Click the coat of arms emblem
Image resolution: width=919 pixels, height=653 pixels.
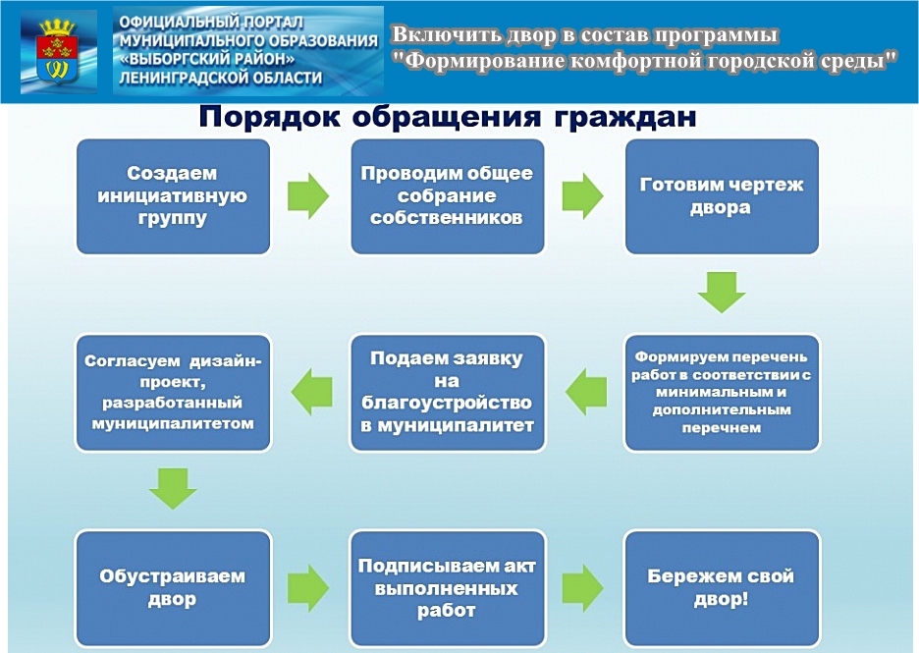pyautogui.click(x=57, y=52)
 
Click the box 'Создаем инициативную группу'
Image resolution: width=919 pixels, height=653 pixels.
pyautogui.click(x=173, y=196)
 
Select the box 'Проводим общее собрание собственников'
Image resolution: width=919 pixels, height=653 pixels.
pyautogui.click(x=447, y=196)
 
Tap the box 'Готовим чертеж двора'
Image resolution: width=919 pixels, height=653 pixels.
pyautogui.click(x=722, y=196)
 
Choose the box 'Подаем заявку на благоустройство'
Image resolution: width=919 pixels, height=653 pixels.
pyautogui.click(x=447, y=392)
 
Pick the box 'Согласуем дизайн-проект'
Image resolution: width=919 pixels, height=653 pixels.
pyautogui.click(x=173, y=392)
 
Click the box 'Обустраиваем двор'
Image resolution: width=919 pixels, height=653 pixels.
pyautogui.click(x=173, y=588)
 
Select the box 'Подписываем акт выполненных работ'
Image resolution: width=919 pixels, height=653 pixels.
pyautogui.click(x=447, y=588)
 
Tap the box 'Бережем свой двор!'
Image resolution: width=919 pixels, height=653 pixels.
pyautogui.click(x=722, y=588)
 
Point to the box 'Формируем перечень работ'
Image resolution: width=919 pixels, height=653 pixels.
pyautogui.click(x=722, y=392)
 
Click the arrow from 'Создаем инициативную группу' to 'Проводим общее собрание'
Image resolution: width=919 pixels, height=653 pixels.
pyautogui.click(x=308, y=196)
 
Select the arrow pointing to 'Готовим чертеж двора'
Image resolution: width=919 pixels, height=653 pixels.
pyautogui.click(x=582, y=196)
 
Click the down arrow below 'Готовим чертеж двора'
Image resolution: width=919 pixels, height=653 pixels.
pyautogui.click(x=722, y=292)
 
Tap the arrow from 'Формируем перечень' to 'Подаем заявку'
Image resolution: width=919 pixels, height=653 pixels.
pyautogui.click(x=586, y=392)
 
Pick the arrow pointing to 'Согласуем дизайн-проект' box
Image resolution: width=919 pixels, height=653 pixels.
pyautogui.click(x=312, y=392)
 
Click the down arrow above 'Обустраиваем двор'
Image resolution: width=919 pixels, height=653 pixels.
pyautogui.click(x=173, y=488)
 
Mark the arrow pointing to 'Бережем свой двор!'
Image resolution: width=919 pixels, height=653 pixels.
pyautogui.click(x=582, y=588)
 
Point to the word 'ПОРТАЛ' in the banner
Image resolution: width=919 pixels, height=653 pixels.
pyautogui.click(x=273, y=23)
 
